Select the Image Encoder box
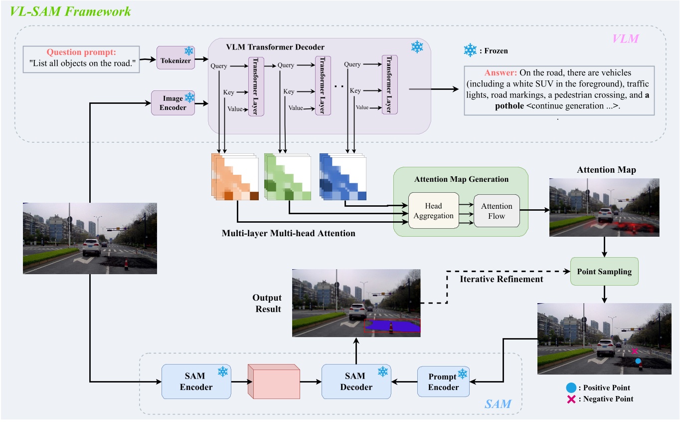pyautogui.click(x=172, y=103)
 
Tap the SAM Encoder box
pyautogui.click(x=196, y=382)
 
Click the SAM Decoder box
pyautogui.click(x=356, y=382)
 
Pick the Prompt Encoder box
pyautogui.click(x=444, y=382)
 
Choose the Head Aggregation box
pyautogui.click(x=433, y=211)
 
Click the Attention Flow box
pyautogui.click(x=497, y=211)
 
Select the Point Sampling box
pyautogui.click(x=604, y=272)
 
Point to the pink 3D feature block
pyautogui.click(x=274, y=382)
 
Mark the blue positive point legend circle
pyautogui.click(x=572, y=388)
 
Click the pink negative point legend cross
pyautogui.click(x=572, y=399)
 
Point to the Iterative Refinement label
pyautogui.click(x=502, y=279)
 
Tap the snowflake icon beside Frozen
pyautogui.click(x=470, y=50)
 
